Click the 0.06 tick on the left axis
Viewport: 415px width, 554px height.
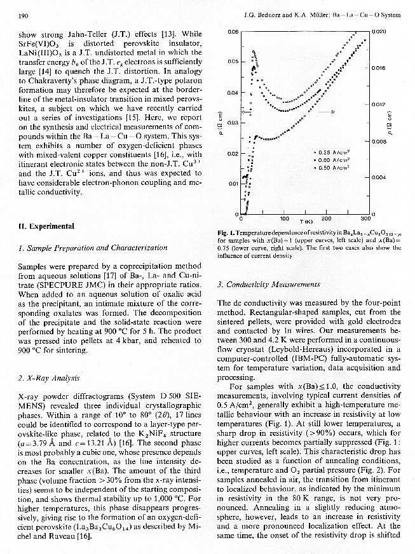click(232, 31)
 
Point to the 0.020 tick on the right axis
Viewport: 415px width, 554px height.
click(379, 30)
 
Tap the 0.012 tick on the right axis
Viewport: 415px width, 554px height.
click(379, 103)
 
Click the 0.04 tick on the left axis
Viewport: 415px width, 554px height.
click(232, 92)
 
